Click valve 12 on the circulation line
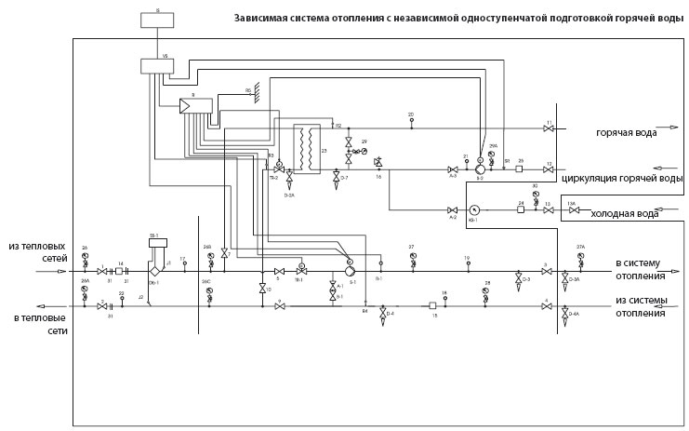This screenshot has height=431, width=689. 550,170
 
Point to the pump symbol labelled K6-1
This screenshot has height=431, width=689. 473,209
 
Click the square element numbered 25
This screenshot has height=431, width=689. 521,170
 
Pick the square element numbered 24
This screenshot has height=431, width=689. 521,209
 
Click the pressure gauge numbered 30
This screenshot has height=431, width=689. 536,195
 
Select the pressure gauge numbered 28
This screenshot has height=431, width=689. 486,290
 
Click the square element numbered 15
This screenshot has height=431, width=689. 433,304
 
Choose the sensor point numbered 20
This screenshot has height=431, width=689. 410,121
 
